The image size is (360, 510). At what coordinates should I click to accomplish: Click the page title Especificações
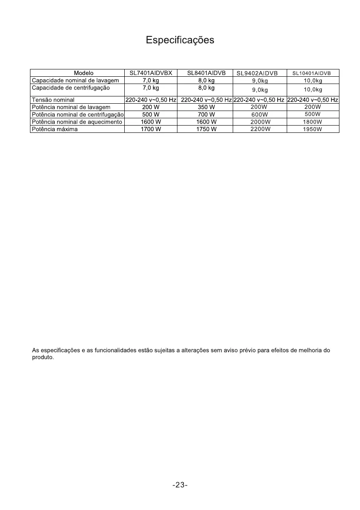click(x=180, y=40)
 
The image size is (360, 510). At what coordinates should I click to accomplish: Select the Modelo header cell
click(x=84, y=73)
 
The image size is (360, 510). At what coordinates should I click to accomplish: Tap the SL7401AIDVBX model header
click(x=151, y=73)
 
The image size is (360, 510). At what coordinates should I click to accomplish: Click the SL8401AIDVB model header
click(x=206, y=73)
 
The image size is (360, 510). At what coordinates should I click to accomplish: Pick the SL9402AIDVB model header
click(x=257, y=73)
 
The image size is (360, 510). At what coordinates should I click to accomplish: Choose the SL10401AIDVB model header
click(x=312, y=73)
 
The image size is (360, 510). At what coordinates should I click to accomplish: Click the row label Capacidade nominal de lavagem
click(x=75, y=81)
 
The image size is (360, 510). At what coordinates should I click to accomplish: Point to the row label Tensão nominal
click(x=53, y=100)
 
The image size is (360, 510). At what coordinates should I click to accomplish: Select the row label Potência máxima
click(x=55, y=129)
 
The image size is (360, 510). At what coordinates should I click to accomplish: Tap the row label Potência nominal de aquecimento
click(x=77, y=122)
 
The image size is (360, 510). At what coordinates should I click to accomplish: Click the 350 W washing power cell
click(x=206, y=107)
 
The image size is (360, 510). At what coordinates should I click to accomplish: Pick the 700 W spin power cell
click(x=206, y=115)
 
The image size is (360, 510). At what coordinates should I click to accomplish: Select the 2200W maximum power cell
click(x=260, y=129)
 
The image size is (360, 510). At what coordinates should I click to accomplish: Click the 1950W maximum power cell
click(x=312, y=129)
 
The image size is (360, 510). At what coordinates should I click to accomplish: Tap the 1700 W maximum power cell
click(x=151, y=129)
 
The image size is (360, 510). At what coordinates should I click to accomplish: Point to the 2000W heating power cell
click(x=260, y=122)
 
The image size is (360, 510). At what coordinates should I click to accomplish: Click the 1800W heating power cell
click(x=312, y=122)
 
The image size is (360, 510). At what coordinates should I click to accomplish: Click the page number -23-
click(x=180, y=485)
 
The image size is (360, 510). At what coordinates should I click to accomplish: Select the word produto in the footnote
click(x=43, y=357)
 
